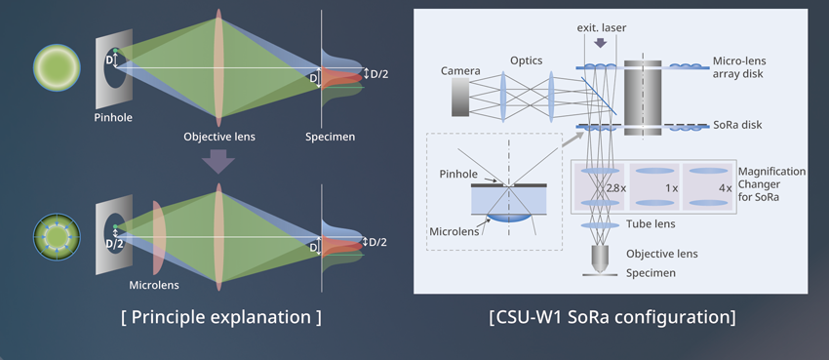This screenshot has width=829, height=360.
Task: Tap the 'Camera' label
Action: (x=460, y=71)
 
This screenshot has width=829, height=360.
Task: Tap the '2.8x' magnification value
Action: (x=615, y=185)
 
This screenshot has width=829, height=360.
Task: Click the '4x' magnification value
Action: (x=724, y=185)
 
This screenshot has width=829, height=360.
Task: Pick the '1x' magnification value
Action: (x=670, y=185)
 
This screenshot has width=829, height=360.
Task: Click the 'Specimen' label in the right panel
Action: (x=651, y=273)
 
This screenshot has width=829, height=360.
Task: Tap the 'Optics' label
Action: (x=527, y=60)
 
